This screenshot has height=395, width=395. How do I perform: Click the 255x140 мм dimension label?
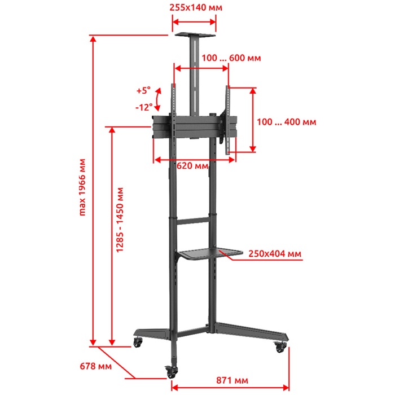(x=196, y=7)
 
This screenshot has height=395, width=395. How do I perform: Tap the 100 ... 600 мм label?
(x=231, y=58)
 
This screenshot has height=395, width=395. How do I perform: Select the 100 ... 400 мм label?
(x=287, y=122)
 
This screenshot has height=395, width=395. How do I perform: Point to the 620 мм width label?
(x=192, y=166)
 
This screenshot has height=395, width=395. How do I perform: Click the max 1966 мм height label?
(x=82, y=187)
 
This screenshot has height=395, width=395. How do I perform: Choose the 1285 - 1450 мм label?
(x=120, y=220)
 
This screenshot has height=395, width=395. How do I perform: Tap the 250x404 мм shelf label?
(x=275, y=253)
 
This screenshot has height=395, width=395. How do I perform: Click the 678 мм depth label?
(x=95, y=366)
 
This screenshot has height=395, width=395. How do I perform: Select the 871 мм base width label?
(x=232, y=380)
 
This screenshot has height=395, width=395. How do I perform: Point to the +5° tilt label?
(x=143, y=90)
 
